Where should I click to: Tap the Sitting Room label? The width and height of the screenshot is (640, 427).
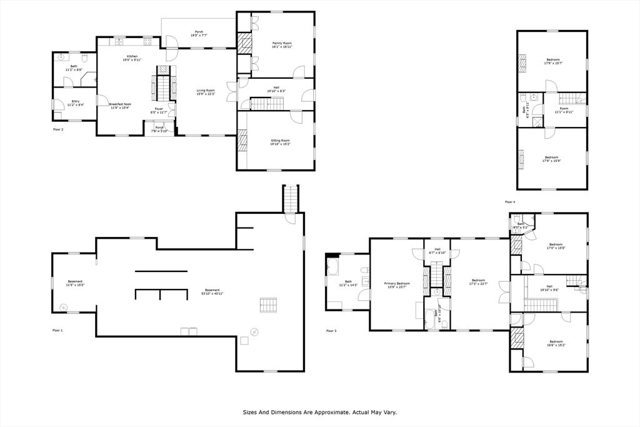[281, 143]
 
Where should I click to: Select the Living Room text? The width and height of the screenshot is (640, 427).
[206, 92]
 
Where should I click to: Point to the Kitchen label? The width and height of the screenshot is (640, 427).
[132, 58]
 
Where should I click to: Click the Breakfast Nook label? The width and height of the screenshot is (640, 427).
[120, 106]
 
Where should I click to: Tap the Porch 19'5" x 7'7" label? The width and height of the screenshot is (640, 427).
[199, 34]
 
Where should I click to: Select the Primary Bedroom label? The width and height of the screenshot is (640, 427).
[397, 285]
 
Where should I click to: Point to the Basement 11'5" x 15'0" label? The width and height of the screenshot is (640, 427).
[75, 283]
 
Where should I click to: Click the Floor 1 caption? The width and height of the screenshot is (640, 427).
[57, 330]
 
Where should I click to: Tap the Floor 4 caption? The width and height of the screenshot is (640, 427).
[510, 202]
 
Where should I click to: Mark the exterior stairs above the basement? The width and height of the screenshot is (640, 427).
[291, 199]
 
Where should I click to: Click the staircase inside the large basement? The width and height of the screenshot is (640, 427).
[267, 304]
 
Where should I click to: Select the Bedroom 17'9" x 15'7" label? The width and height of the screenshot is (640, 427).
[552, 61]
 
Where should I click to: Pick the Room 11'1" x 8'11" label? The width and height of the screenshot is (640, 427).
[564, 110]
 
